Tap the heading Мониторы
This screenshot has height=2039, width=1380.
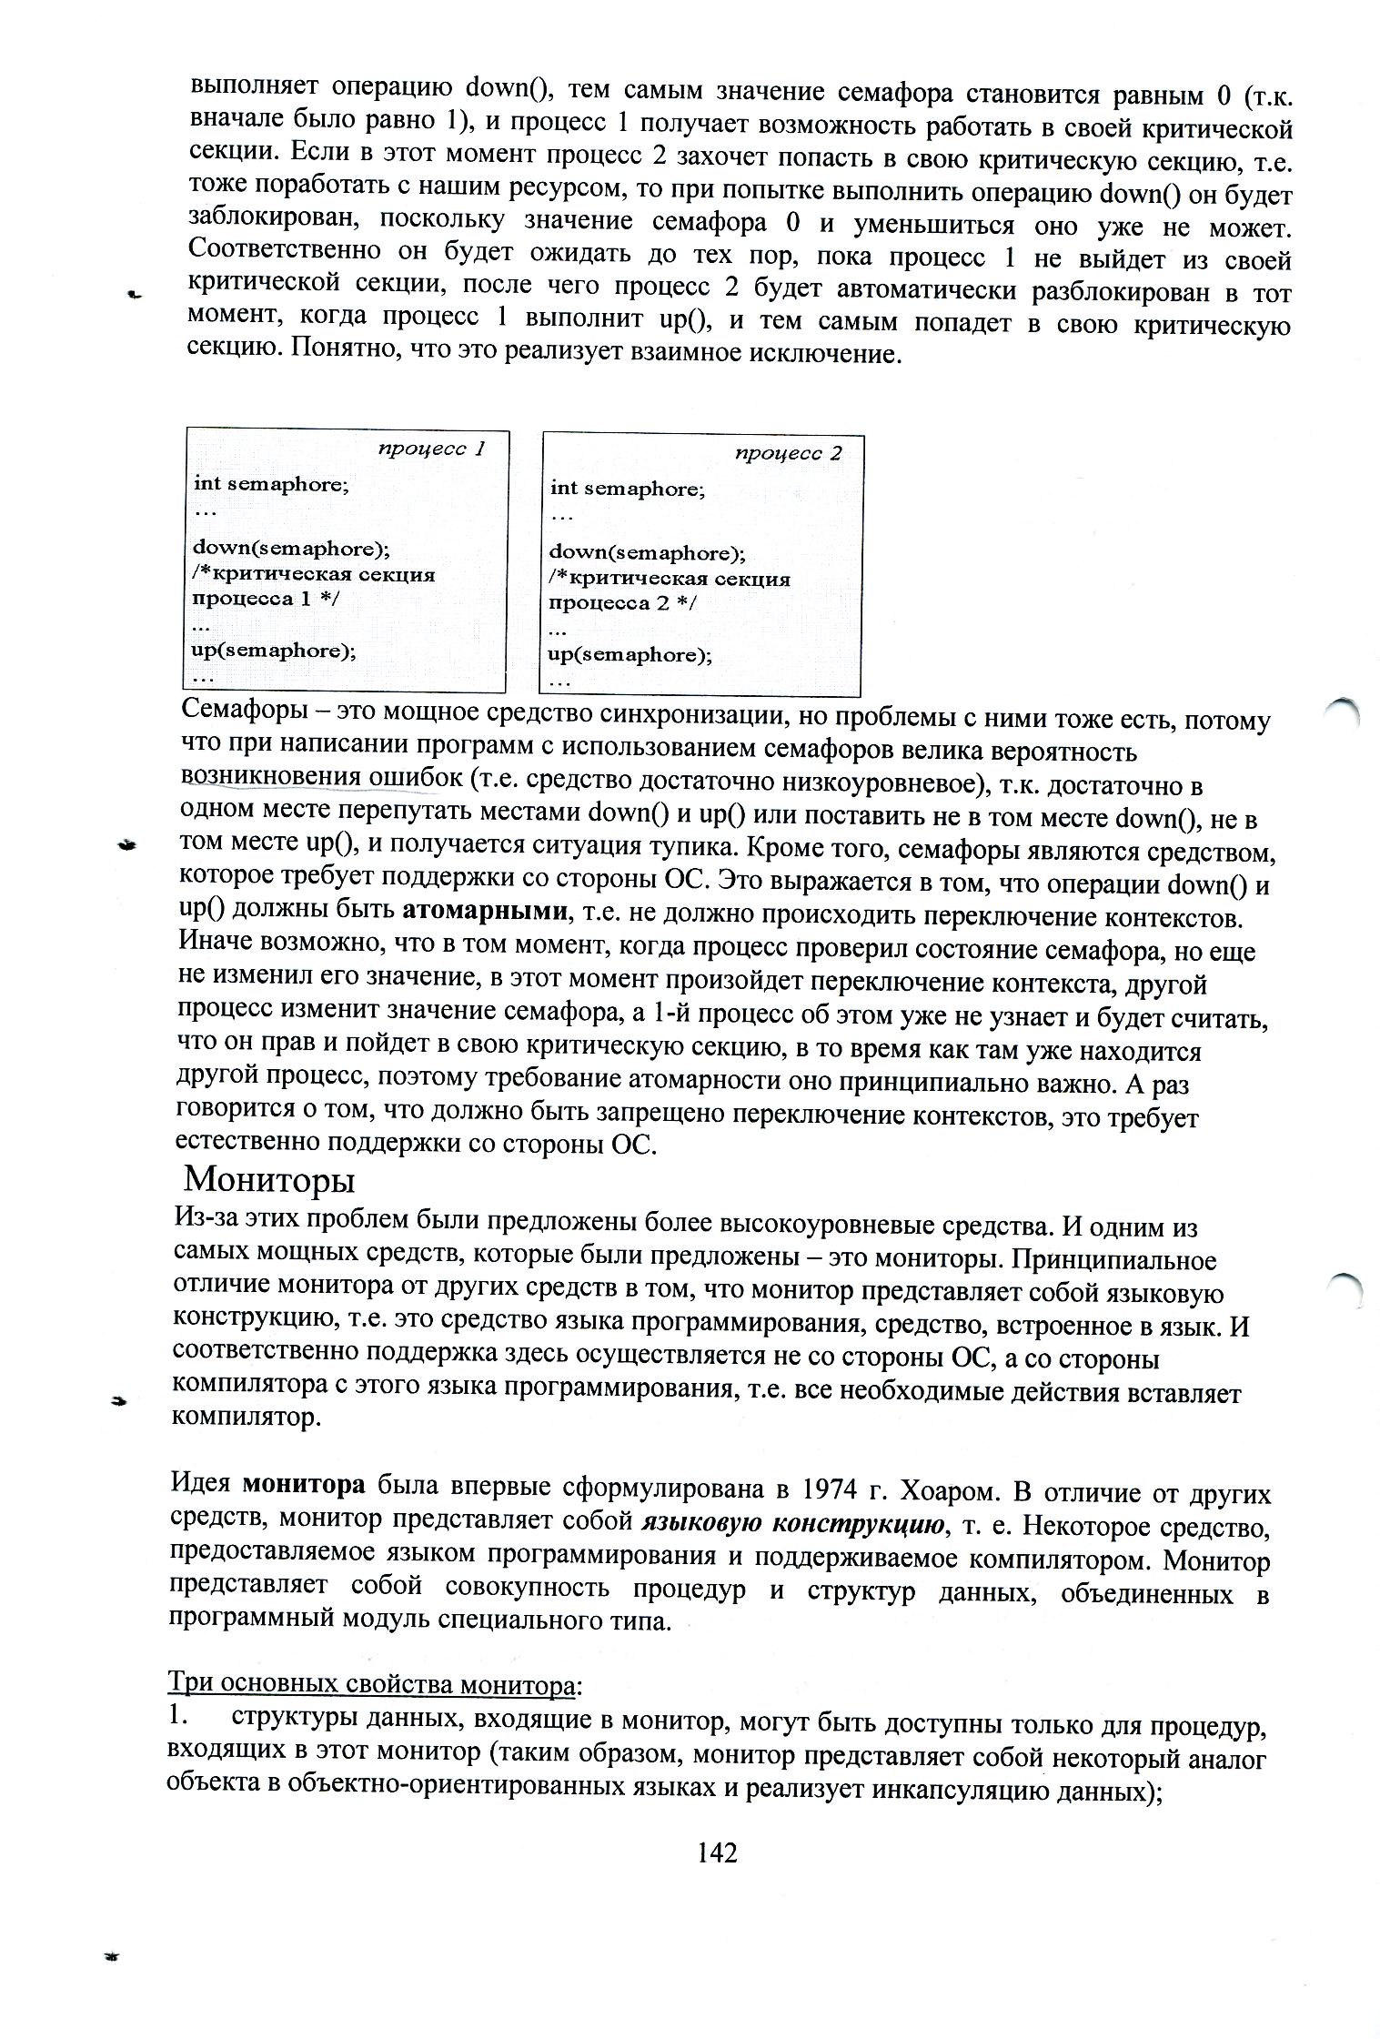click(x=269, y=1180)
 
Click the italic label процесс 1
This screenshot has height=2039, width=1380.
click(x=431, y=449)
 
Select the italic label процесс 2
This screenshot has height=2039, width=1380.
click(x=788, y=453)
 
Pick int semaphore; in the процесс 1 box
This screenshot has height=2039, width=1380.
click(x=271, y=484)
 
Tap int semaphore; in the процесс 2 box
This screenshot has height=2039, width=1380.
click(x=627, y=489)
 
